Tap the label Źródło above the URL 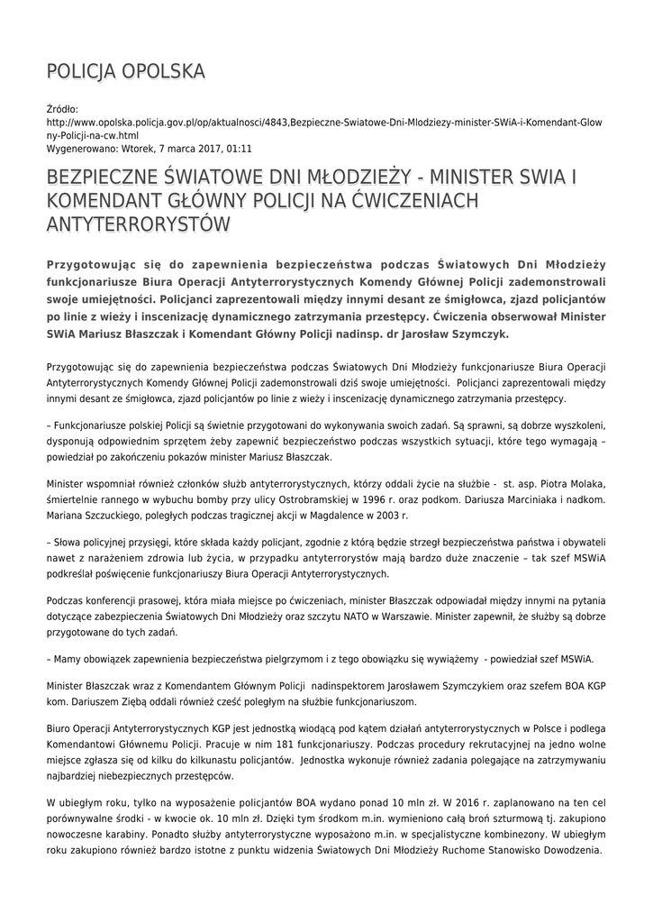pos(62,108)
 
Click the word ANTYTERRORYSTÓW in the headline pos(138,223)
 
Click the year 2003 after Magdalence pos(386,516)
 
